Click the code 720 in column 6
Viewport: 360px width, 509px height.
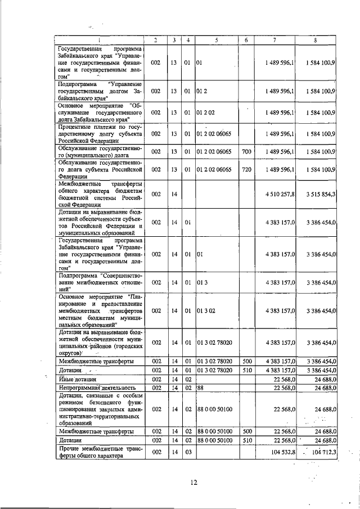tap(246, 169)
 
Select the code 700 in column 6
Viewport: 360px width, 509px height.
tap(246, 151)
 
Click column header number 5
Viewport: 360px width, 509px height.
tap(216, 40)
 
